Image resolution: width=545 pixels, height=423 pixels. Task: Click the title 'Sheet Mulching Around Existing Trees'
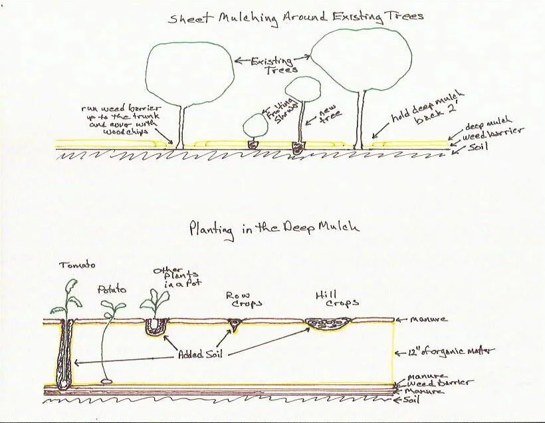pyautogui.click(x=295, y=16)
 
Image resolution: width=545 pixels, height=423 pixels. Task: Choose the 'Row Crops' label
pyautogui.click(x=243, y=299)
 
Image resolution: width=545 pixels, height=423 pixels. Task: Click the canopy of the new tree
pyautogui.click(x=303, y=88)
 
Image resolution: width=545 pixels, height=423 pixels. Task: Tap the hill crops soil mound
pyautogui.click(x=326, y=325)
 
